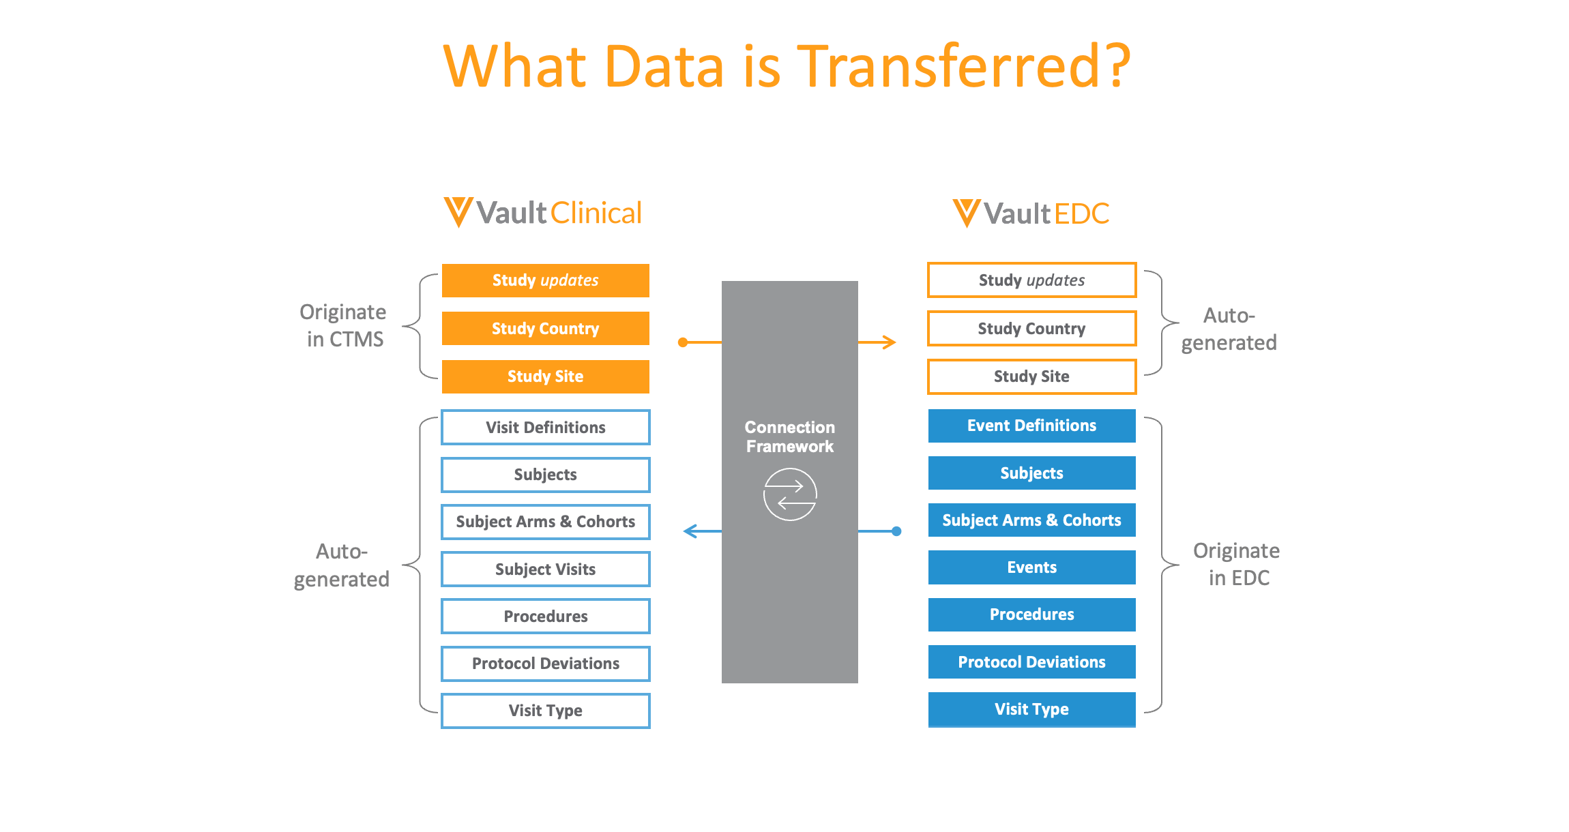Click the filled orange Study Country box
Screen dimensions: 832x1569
pos(545,329)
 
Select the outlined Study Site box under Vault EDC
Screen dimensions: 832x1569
pos(1031,376)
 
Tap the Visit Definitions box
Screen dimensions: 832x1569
pos(545,428)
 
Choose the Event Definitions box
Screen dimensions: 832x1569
pos(1031,426)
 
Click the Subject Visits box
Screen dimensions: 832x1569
pos(545,569)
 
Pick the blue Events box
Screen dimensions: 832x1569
pos(1031,567)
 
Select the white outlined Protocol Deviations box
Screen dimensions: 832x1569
pos(545,664)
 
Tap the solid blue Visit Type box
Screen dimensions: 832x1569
pos(1031,709)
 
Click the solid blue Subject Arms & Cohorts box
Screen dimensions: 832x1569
pos(1031,520)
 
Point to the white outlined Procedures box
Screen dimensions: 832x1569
pos(545,616)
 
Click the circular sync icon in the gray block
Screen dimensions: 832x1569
pos(789,494)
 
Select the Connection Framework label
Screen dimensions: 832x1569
pos(789,436)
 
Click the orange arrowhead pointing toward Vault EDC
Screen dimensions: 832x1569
pos(889,342)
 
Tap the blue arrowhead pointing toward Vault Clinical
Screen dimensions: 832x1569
pos(690,531)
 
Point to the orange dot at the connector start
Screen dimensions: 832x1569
pos(683,342)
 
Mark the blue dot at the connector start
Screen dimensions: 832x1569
pos(896,531)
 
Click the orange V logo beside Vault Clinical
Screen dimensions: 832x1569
pos(458,212)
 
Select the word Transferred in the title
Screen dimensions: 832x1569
pos(963,66)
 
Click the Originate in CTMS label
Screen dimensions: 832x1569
pos(344,325)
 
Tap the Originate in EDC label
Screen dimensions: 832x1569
pos(1236,564)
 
